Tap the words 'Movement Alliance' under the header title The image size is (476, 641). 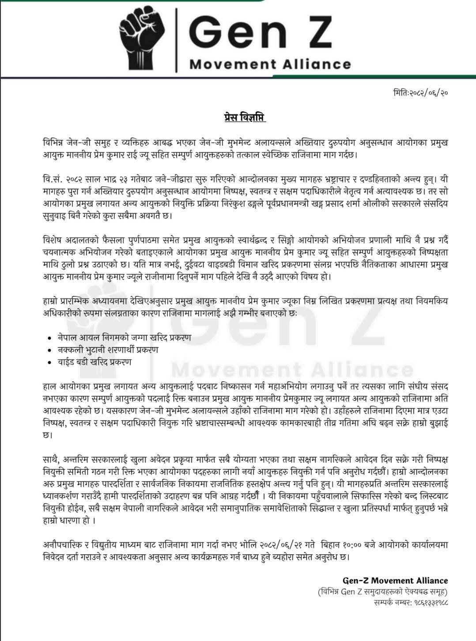[270, 64]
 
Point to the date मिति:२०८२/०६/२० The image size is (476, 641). [421, 93]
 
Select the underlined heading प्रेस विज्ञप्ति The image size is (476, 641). [244, 118]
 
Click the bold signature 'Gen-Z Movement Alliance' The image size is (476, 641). [395, 580]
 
